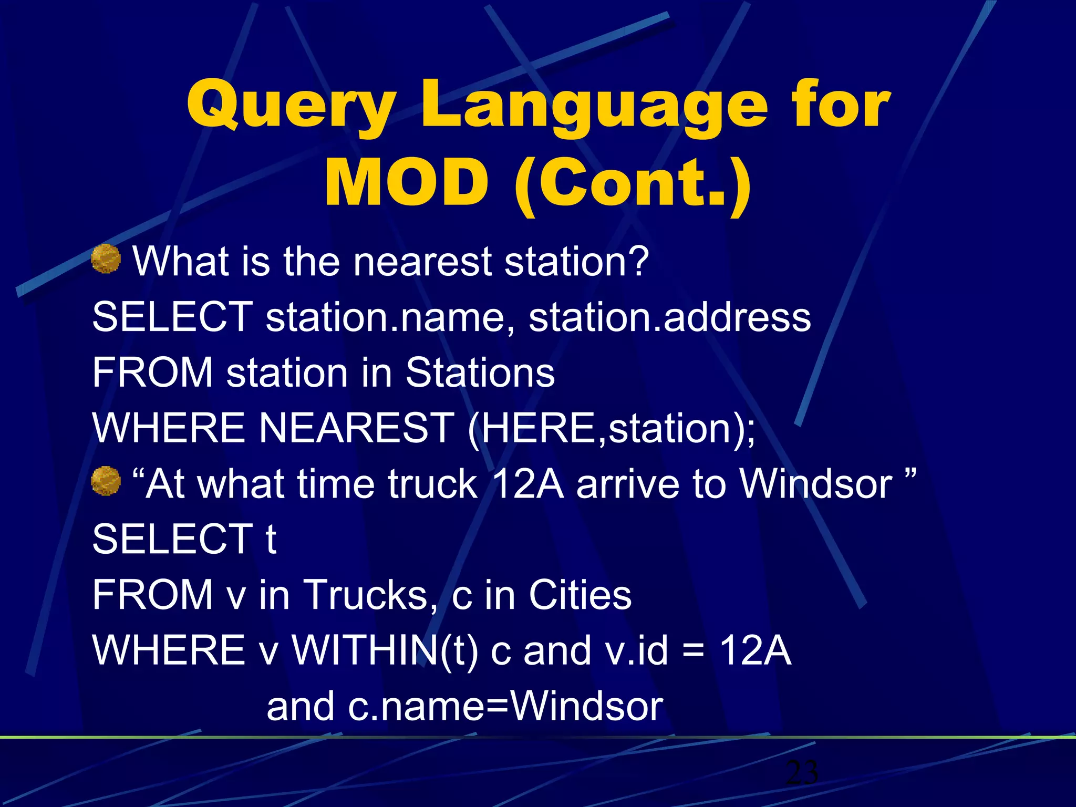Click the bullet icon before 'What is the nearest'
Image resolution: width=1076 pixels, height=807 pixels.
106,258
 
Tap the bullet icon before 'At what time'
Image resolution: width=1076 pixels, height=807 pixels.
106,481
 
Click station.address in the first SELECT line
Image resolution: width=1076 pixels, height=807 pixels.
669,317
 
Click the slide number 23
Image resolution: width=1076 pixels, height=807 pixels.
802,772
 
